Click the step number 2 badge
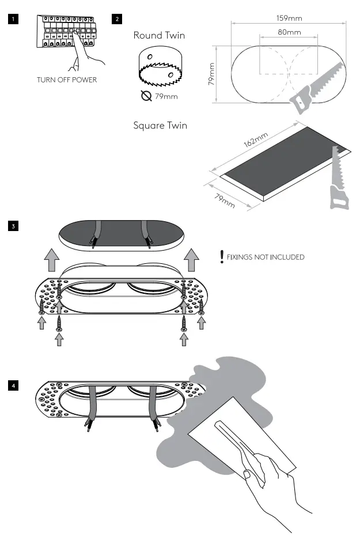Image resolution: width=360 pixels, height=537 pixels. click(x=118, y=19)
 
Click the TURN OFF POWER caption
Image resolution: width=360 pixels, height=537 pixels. click(x=67, y=80)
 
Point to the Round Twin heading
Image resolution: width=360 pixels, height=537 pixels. click(x=159, y=36)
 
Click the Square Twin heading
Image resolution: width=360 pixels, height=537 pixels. click(x=160, y=126)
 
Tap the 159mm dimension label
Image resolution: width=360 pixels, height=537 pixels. click(x=289, y=18)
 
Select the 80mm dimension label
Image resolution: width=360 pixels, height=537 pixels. click(x=289, y=32)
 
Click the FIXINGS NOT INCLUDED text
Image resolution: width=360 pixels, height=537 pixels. click(x=266, y=257)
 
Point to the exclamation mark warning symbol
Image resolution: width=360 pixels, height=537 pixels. click(x=221, y=256)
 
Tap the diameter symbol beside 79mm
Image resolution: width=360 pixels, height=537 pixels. click(x=146, y=96)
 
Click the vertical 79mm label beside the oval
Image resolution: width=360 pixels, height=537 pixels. click(x=211, y=75)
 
